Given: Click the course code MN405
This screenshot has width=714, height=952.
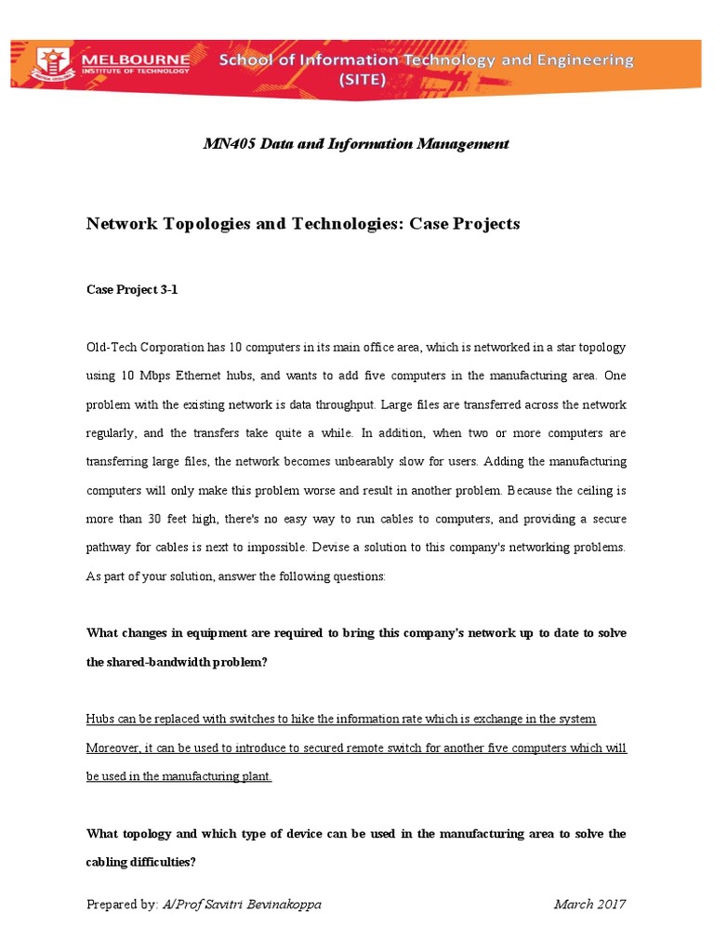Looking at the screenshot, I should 228,144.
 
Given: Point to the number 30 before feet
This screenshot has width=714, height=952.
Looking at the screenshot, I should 156,520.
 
